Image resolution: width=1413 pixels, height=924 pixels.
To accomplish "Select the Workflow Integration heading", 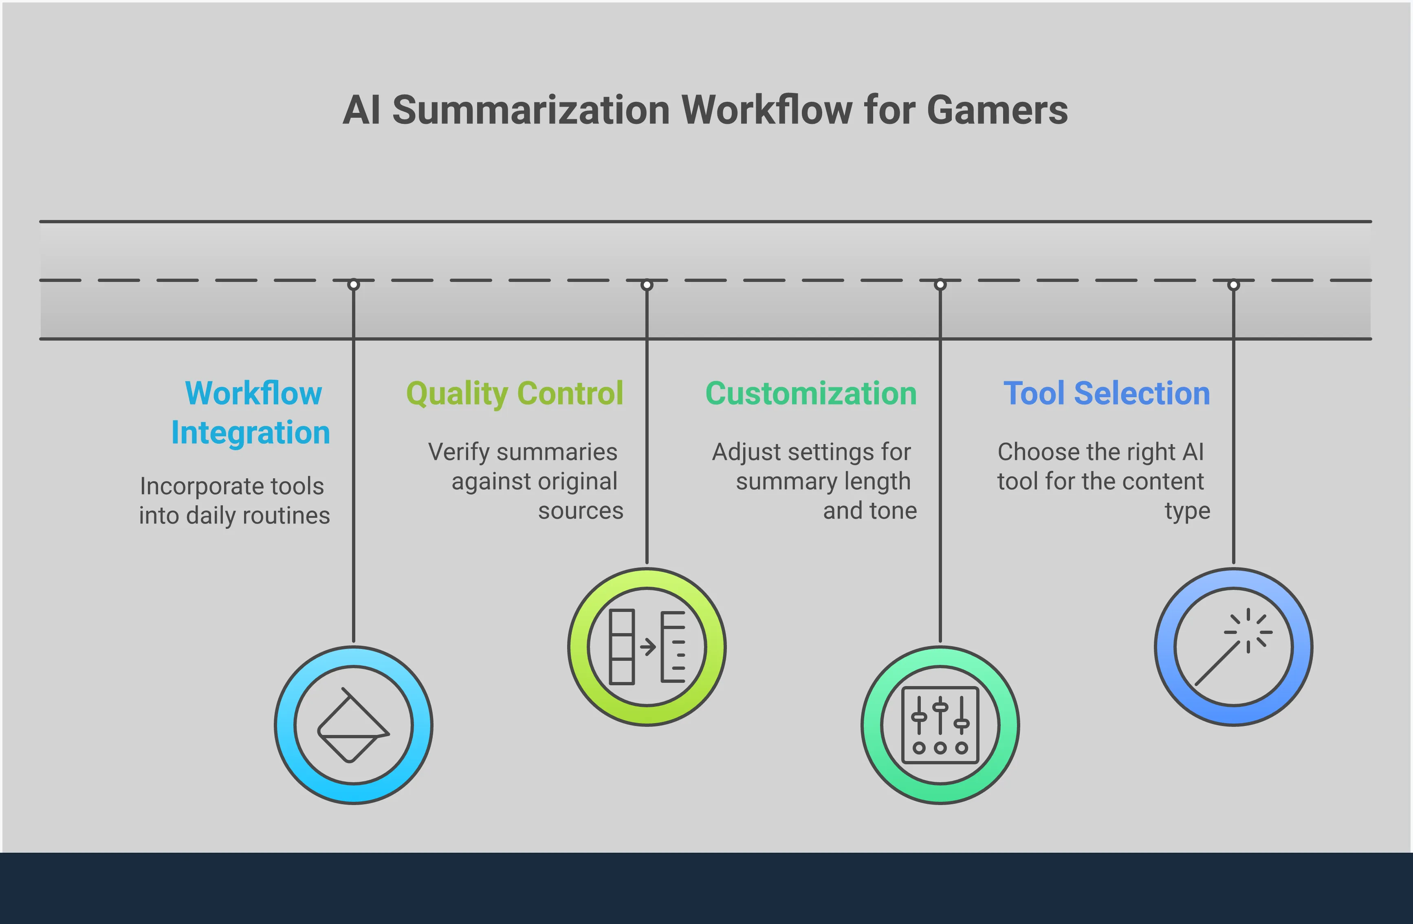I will (251, 413).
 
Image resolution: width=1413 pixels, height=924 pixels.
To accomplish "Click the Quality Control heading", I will (515, 394).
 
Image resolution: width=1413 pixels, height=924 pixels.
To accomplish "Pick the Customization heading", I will (811, 394).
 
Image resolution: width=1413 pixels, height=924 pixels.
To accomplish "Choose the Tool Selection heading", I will (1107, 394).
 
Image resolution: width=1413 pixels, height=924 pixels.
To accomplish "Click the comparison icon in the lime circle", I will (647, 647).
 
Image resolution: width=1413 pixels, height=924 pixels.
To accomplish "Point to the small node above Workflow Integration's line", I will (353, 285).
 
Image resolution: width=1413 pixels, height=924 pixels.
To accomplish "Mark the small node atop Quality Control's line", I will (647, 285).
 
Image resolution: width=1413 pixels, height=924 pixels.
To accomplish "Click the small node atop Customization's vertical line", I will (940, 285).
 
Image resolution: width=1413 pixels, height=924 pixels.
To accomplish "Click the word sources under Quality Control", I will (581, 511).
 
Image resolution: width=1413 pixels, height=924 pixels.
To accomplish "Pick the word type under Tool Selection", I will (1187, 511).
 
